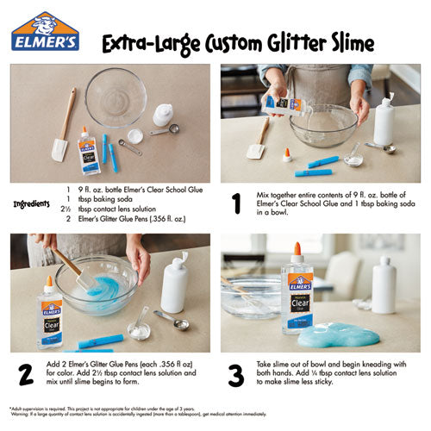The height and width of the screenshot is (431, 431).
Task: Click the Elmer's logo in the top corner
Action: pos(45,37)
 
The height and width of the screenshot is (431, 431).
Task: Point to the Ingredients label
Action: pos(34,204)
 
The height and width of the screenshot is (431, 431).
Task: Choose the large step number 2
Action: pos(25,373)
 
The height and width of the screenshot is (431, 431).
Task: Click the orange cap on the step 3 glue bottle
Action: pos(297,251)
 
